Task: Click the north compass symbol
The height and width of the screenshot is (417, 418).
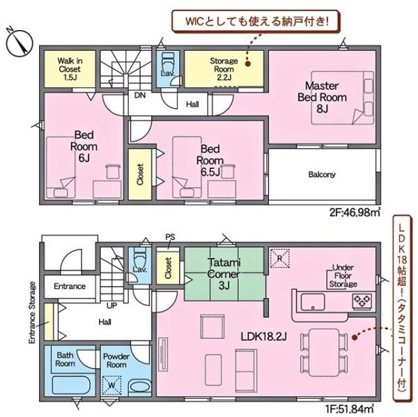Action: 19,42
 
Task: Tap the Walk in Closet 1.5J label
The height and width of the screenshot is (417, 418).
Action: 70,69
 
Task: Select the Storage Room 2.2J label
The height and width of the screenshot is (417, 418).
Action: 224,69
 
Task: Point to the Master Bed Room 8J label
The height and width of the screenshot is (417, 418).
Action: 322,98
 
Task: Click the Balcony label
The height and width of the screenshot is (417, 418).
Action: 322,174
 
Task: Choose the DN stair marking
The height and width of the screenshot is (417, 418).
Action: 140,96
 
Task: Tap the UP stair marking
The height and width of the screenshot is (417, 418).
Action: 111,305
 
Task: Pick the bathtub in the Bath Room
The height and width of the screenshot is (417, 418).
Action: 70,385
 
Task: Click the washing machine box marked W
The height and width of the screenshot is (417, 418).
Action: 111,385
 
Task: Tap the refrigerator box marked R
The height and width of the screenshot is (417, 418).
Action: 279,258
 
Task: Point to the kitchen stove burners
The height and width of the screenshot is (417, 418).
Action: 362,301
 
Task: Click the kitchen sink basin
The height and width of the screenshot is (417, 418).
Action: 313,302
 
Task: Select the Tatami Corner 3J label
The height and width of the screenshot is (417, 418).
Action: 224,274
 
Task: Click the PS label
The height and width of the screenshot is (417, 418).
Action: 170,237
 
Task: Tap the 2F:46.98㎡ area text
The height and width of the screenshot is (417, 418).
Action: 355,213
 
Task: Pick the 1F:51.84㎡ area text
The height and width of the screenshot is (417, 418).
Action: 349,409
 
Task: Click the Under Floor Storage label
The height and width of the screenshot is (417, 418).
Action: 343,276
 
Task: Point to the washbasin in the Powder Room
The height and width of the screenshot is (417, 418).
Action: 140,387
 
